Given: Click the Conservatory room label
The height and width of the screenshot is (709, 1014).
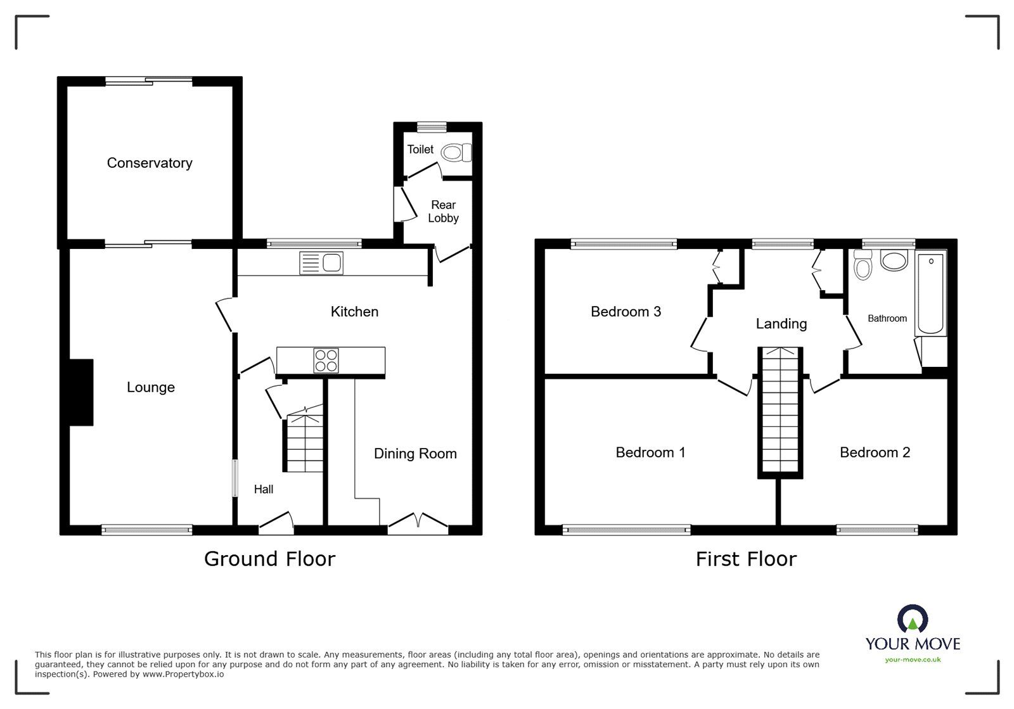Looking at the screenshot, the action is click(150, 163).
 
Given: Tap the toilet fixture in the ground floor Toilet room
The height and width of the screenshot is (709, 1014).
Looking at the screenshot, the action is click(456, 153).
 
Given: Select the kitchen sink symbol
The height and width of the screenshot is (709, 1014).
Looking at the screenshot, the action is click(321, 263).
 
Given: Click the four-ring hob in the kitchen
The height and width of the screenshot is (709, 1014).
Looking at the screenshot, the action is click(326, 361).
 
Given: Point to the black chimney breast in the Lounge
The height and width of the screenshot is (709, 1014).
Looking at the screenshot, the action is click(81, 392).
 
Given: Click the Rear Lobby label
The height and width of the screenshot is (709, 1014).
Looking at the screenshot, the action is click(443, 211).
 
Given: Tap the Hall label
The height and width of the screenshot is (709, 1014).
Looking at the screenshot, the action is click(264, 489).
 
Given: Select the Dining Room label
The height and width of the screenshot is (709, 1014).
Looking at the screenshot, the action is click(415, 454).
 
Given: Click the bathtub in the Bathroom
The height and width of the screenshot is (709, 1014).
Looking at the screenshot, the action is click(931, 293).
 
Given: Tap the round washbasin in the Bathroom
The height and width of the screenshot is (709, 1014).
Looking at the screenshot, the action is click(894, 261).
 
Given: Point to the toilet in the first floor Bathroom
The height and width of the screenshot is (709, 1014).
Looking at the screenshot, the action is click(863, 264).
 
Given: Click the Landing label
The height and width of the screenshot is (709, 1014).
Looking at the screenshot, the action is click(781, 324).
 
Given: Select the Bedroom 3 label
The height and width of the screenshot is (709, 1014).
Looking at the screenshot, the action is click(626, 311).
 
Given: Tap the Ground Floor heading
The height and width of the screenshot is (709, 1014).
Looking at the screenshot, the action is click(270, 559).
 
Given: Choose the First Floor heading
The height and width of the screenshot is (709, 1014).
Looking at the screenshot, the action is click(746, 559).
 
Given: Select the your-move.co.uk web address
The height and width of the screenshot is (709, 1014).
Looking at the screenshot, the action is click(913, 660).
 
